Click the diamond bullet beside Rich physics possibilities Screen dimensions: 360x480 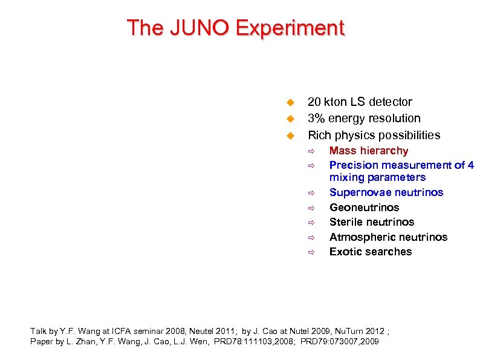click(x=290, y=135)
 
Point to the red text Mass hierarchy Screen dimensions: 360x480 click(x=368, y=151)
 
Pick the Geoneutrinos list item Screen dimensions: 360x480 click(x=364, y=208)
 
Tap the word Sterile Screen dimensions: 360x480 click(x=346, y=222)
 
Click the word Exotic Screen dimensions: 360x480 click(x=345, y=252)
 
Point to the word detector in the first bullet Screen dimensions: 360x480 click(x=391, y=102)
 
